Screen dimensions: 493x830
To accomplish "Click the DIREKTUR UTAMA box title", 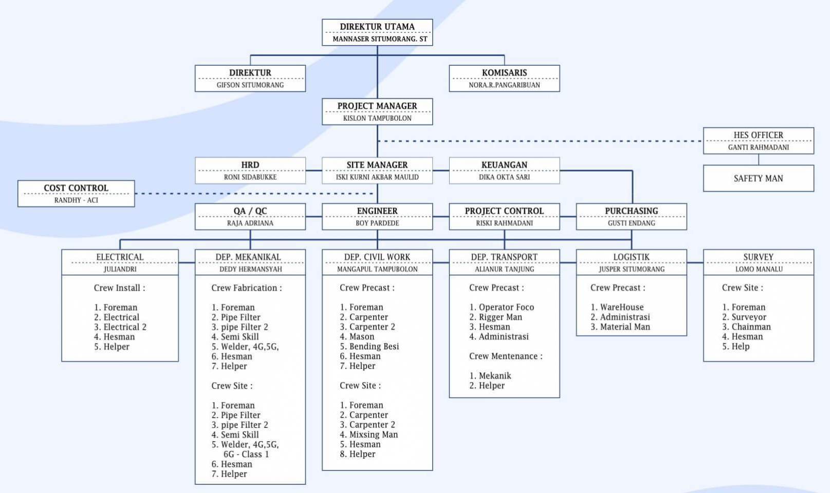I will point(377,27).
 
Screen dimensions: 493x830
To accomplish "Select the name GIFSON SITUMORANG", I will point(250,85).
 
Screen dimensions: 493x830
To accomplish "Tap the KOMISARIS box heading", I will point(504,73).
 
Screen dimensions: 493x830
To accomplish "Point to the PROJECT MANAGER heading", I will point(377,106).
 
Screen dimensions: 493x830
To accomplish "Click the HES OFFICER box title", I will point(758,135).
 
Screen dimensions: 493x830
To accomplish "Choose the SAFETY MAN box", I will point(758,179).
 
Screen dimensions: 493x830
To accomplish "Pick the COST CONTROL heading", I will point(76,188).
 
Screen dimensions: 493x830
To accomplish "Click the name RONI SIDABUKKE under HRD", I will point(250,177).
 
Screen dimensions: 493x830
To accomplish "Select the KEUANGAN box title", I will point(504,165).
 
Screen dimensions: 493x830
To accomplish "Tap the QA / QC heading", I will point(250,211).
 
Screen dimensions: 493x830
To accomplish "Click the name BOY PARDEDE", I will point(377,223).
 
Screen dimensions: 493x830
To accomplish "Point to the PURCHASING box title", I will point(631,211).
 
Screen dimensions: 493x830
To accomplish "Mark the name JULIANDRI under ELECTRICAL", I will point(120,269).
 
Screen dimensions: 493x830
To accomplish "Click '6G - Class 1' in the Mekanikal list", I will point(246,454).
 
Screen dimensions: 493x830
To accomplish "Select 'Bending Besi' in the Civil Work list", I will point(374,347).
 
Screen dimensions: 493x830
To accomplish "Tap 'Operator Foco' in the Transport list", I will point(506,307).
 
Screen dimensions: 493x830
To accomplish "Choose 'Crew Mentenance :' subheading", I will point(505,356).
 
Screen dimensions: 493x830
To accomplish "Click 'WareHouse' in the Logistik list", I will point(621,307).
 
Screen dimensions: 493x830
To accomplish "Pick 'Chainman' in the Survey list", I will point(751,327).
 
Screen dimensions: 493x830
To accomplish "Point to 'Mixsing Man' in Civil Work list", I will point(373,435).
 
